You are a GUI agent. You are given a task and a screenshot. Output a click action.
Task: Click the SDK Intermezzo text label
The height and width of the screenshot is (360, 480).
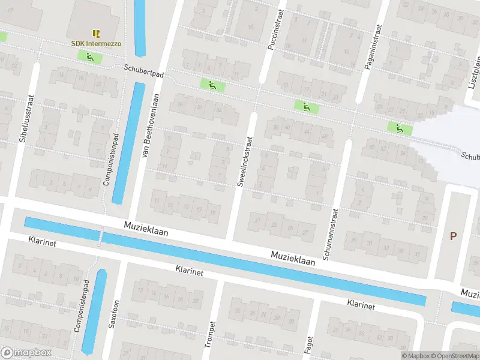click(96, 44)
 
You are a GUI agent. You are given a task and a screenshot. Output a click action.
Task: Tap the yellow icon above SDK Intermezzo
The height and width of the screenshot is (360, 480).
click(96, 33)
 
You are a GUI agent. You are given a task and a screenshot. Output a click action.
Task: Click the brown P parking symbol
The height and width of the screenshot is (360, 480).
click(453, 236)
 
